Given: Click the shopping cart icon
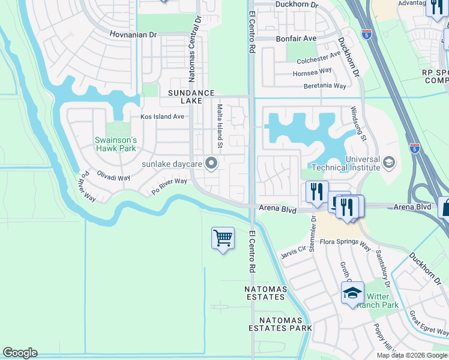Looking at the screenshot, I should pos(223,238).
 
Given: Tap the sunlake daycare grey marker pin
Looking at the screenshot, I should pos(211,163).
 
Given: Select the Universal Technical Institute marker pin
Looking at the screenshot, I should pos(388,162).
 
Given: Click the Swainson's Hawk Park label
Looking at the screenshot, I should pos(116,144).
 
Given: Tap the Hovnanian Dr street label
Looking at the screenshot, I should pos(133,35).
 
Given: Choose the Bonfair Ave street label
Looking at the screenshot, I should pos(296,38).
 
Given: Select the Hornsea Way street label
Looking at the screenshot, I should pos(312,71).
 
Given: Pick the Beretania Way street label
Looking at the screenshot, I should pos(325,86).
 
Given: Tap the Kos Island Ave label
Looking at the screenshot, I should pos(162,116).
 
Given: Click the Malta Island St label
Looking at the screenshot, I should pos(220,126).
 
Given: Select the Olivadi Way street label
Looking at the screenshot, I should pos(113,175).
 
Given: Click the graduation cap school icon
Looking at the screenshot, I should pos(352,293).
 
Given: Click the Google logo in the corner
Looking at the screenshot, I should pos(20,353).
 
